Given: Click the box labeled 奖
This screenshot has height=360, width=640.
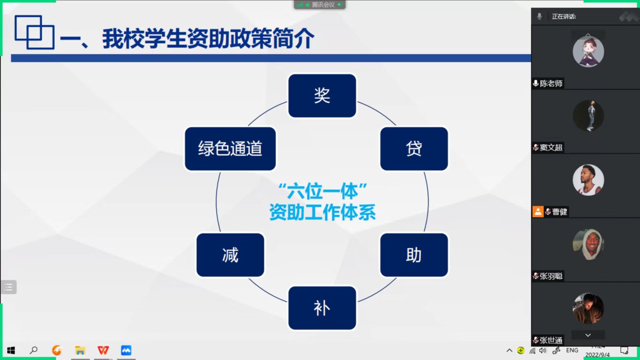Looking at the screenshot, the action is (322, 96).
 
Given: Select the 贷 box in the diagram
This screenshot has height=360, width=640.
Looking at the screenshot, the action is (414, 149).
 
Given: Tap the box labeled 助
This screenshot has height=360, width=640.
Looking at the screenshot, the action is (414, 255).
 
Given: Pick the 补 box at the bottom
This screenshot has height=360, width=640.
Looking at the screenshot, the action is (322, 308).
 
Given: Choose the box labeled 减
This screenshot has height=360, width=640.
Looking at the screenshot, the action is (231, 255).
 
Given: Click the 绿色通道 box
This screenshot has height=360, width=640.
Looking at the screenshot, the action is (231, 149).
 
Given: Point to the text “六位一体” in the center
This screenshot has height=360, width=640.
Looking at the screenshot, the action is (322, 191).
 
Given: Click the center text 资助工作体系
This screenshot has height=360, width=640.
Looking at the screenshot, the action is (322, 212).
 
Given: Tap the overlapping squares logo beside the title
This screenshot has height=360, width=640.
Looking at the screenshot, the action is (35, 32).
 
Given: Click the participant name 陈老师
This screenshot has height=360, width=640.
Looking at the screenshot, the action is (551, 83).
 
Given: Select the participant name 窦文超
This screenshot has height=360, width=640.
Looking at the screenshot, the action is (551, 148).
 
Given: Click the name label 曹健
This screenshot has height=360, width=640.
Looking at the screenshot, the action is (559, 212).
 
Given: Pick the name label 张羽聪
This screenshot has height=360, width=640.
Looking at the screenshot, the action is (551, 276).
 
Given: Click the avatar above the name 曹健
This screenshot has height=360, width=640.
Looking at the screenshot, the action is (588, 180).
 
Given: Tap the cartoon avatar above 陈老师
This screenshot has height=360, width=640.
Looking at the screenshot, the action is (588, 52).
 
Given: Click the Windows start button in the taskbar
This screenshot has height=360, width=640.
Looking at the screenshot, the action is (11, 350).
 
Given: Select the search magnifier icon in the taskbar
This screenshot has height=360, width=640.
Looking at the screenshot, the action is (34, 350).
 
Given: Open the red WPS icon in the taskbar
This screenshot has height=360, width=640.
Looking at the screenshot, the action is (103, 350).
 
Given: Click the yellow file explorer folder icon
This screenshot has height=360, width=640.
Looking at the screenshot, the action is (80, 350).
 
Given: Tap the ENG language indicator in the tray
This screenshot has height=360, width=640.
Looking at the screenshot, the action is (572, 350).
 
